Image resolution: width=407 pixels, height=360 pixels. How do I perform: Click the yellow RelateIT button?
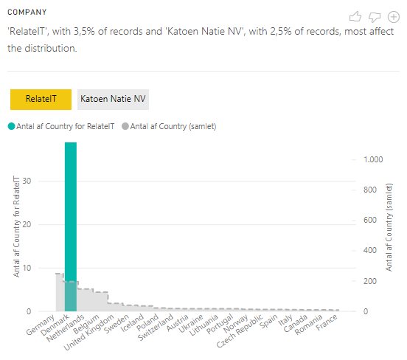pos(41,99)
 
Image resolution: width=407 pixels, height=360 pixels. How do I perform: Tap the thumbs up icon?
pos(355,16)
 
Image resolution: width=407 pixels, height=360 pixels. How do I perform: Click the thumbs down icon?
pos(375,16)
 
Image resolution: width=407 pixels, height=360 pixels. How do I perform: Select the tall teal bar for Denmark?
pos(71,221)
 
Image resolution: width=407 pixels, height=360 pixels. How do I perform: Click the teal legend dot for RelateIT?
pos(11,126)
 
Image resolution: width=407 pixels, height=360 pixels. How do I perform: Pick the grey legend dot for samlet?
pos(125,126)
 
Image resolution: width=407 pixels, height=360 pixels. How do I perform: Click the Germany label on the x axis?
pos(41,325)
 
